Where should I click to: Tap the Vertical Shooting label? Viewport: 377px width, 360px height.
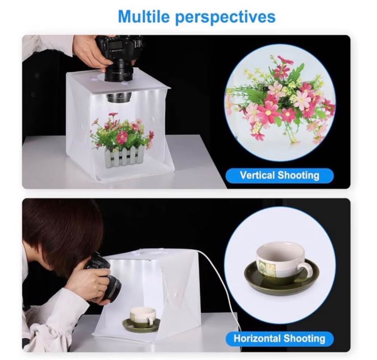[x=280, y=175]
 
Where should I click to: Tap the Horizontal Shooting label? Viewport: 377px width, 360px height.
[x=280, y=338]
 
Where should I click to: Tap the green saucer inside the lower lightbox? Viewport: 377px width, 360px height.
[x=141, y=324]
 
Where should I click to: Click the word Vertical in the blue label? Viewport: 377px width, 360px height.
[x=257, y=175]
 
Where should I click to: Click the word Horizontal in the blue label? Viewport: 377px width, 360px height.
[x=257, y=338]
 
